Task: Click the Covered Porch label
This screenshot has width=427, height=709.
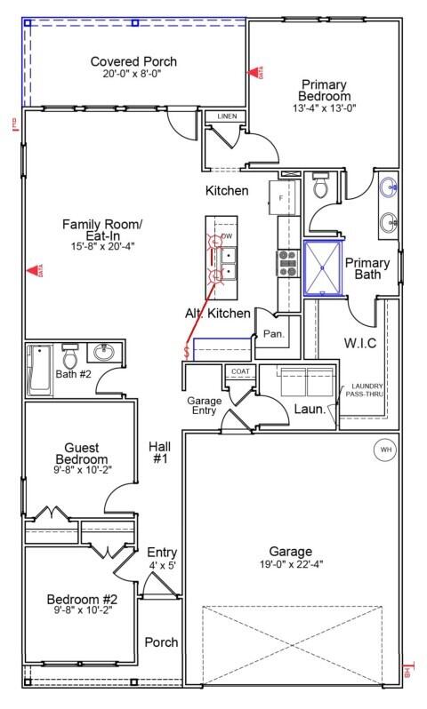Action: point(133,61)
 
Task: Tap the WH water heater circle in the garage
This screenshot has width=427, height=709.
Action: point(385,449)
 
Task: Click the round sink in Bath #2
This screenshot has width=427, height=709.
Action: point(102,352)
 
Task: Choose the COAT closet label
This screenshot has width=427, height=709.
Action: point(240,371)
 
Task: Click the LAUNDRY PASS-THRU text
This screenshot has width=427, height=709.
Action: point(366,389)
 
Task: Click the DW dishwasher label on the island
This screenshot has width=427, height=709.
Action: point(228,235)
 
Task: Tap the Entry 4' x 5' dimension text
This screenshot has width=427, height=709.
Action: point(162,565)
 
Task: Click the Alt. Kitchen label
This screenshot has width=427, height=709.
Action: point(218,314)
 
